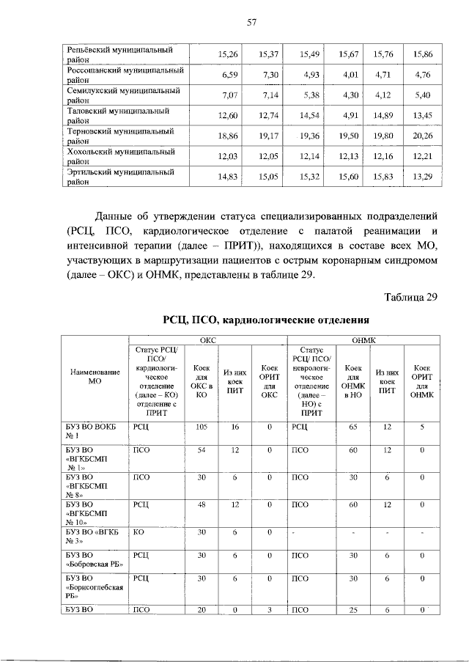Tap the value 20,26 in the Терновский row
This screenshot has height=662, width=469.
[423, 136]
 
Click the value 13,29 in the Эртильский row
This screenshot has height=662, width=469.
[423, 177]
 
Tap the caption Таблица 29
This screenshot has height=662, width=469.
[410, 296]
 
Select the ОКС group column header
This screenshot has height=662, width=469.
[208, 339]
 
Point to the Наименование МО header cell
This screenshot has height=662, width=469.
[94, 377]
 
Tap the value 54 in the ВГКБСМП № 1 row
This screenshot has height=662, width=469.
[198, 449]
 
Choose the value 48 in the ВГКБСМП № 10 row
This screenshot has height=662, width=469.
[198, 504]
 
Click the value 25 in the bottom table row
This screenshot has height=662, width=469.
[352, 610]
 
